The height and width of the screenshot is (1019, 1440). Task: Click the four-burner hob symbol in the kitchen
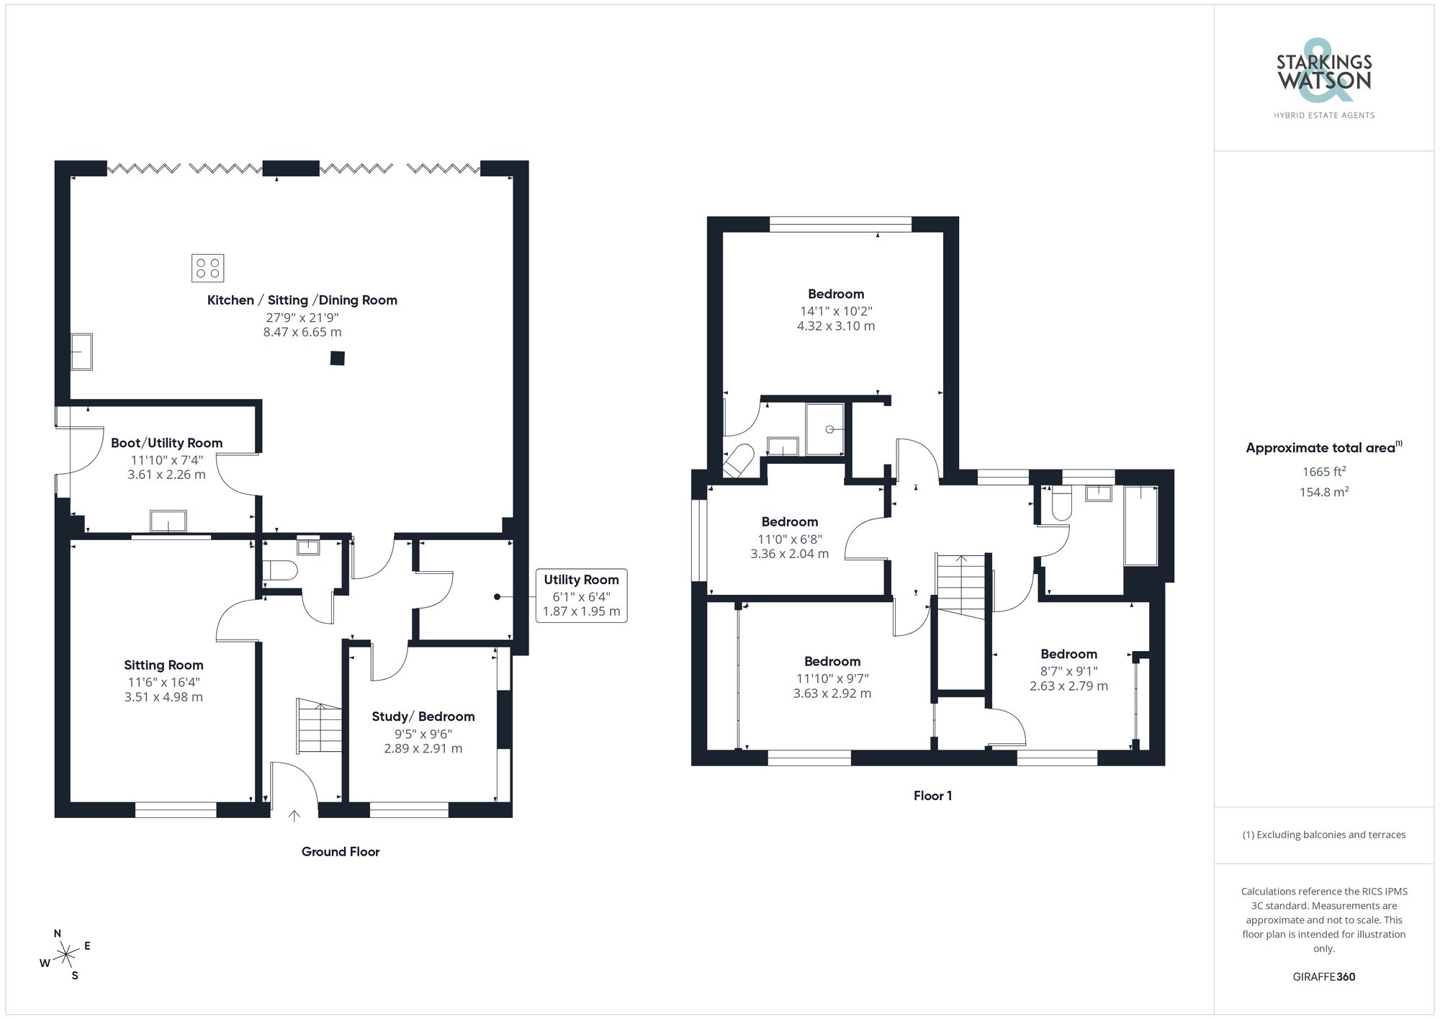(207, 268)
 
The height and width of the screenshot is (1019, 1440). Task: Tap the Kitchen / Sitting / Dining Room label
(302, 300)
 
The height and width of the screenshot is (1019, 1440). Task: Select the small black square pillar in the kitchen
(337, 358)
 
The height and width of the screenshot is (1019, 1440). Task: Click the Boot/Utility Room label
(166, 443)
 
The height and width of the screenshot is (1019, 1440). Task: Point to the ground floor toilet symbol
(280, 571)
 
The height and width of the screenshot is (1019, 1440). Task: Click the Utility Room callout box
(581, 595)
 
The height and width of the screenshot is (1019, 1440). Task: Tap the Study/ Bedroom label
(423, 716)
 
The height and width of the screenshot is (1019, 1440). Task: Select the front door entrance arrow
(294, 815)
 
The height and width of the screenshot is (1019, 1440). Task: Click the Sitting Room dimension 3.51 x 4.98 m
(163, 697)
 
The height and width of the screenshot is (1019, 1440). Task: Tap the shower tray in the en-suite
(824, 429)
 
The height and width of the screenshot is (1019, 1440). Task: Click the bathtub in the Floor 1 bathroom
(1140, 526)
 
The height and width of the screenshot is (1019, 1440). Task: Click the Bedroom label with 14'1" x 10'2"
(835, 294)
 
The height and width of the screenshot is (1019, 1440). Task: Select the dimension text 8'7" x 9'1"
(1068, 671)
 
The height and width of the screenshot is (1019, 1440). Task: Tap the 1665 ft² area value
(1323, 472)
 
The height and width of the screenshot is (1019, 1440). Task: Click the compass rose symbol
(66, 955)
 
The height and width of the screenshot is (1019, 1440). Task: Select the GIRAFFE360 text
(1323, 977)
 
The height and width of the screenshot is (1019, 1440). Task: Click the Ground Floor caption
(340, 851)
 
